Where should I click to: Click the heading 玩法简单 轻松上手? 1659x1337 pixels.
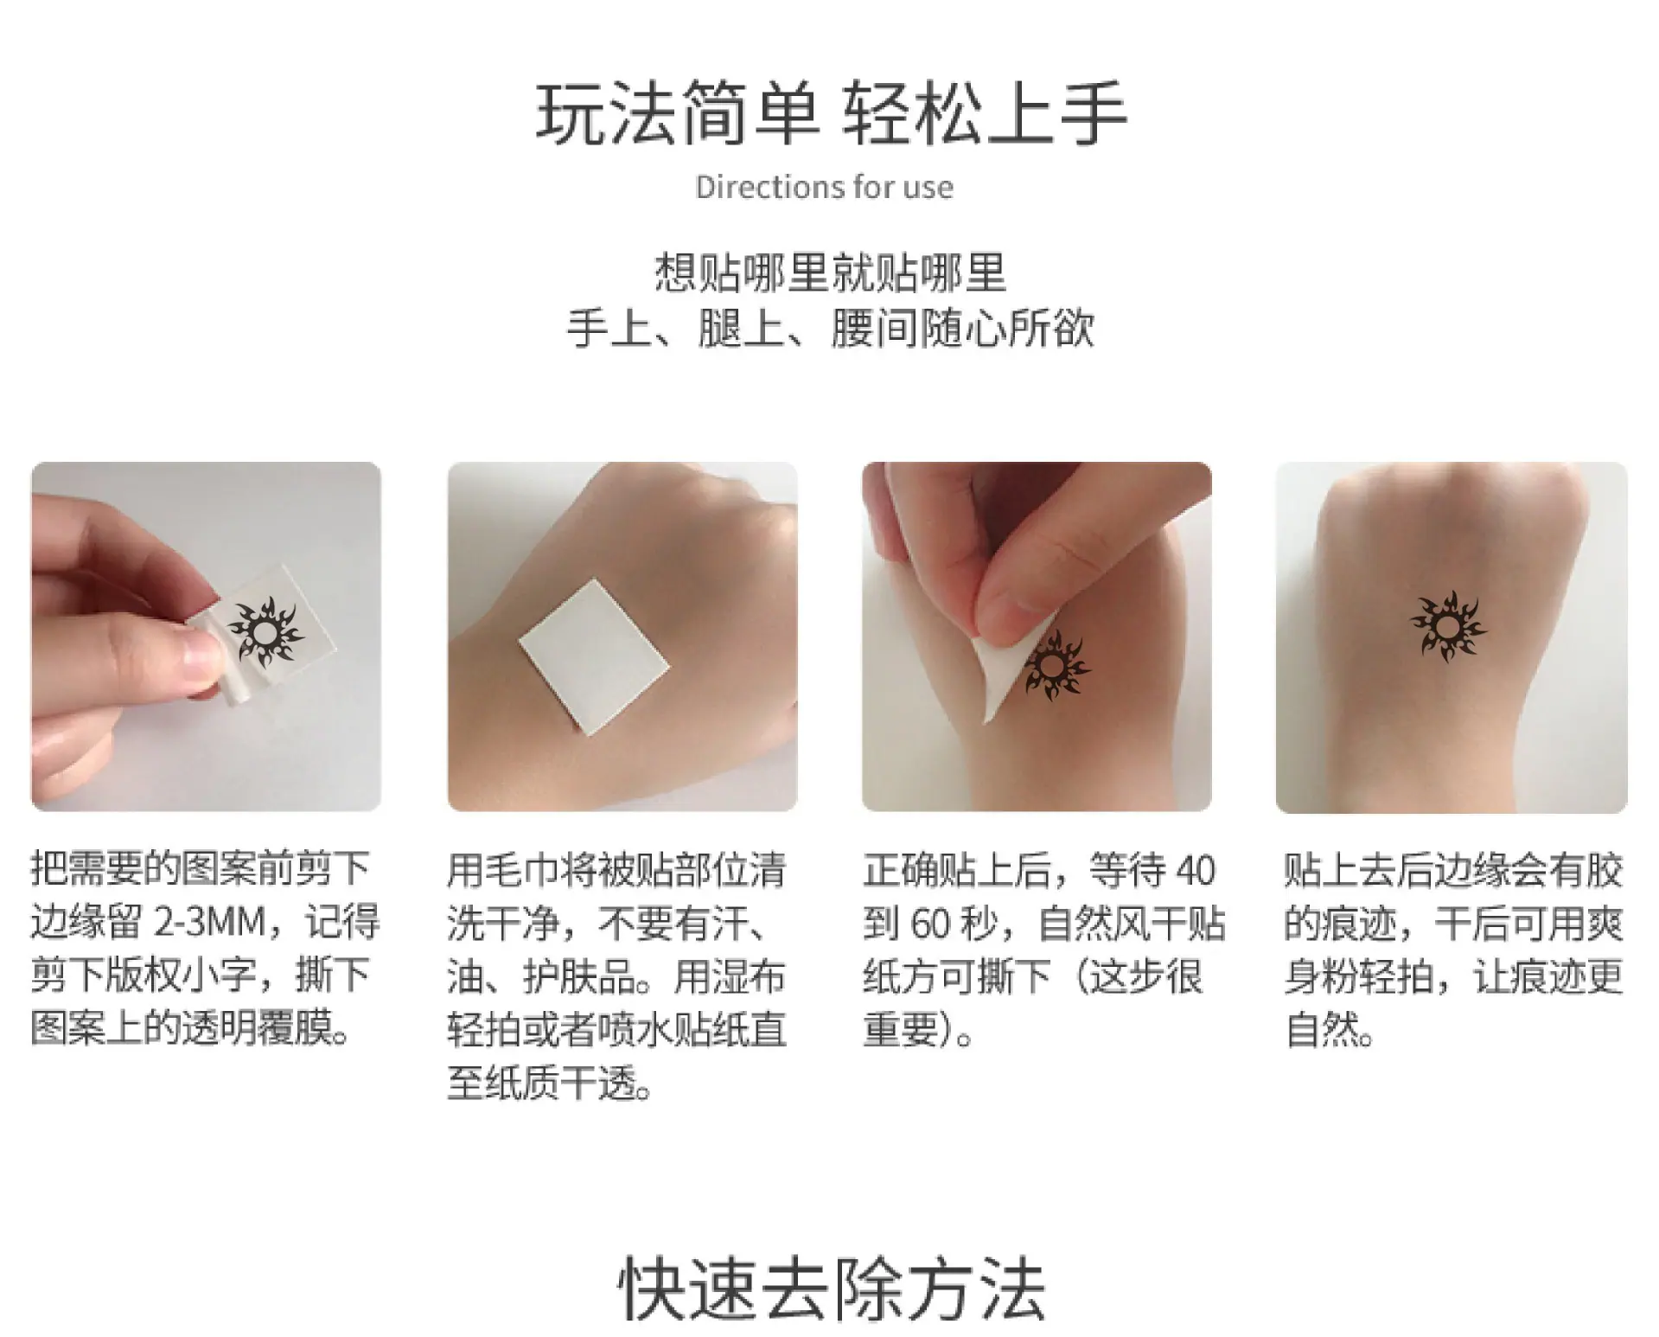(831, 113)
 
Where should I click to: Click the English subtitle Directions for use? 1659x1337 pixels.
(825, 188)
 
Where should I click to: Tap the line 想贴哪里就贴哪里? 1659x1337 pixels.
(830, 272)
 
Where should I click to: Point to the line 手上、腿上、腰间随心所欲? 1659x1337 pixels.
(830, 329)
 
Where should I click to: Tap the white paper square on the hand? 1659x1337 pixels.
(595, 658)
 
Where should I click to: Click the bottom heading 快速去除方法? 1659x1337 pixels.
(831, 1289)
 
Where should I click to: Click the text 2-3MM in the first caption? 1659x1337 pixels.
(209, 923)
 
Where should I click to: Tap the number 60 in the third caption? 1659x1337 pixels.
(930, 924)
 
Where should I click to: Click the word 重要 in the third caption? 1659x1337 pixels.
(900, 1029)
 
